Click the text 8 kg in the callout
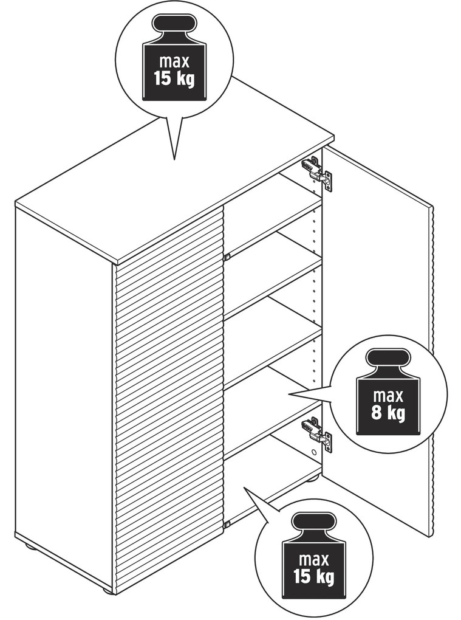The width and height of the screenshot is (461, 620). click(388, 413)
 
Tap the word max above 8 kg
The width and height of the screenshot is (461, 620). click(388, 396)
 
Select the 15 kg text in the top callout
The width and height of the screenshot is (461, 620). click(174, 78)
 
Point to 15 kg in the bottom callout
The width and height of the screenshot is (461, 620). click(313, 577)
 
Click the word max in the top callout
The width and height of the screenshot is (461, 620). click(174, 61)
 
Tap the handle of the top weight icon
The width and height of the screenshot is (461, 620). click(174, 24)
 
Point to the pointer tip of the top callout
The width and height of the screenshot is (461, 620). click(174, 160)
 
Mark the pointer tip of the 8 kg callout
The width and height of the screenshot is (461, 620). click(289, 394)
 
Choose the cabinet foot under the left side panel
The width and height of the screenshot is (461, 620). click(30, 547)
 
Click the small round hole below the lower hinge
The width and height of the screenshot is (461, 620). click(313, 451)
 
